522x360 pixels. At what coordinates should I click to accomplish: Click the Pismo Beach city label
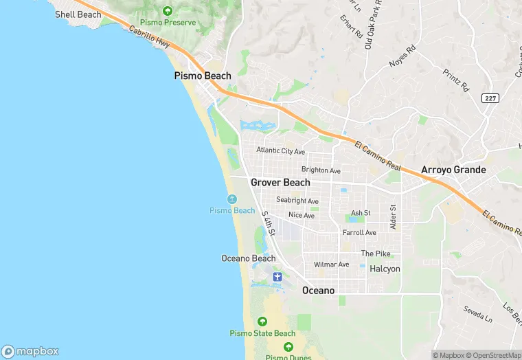pyautogui.click(x=203, y=76)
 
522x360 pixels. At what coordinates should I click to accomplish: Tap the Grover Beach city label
pyautogui.click(x=280, y=183)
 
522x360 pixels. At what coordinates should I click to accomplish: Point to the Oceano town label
pyautogui.click(x=319, y=291)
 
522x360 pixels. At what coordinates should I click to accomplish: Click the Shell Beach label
pyautogui.click(x=78, y=14)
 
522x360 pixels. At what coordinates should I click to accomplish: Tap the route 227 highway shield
pyautogui.click(x=490, y=98)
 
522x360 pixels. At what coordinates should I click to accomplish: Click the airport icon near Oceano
pyautogui.click(x=277, y=277)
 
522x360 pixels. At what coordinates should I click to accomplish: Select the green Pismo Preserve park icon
pyautogui.click(x=168, y=11)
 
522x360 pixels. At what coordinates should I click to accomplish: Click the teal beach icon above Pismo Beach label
pyautogui.click(x=232, y=199)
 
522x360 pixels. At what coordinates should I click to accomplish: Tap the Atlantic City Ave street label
pyautogui.click(x=280, y=151)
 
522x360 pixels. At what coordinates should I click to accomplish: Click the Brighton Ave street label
pyautogui.click(x=321, y=170)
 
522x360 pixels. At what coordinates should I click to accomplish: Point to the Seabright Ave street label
pyautogui.click(x=297, y=201)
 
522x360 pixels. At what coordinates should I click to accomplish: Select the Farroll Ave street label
pyautogui.click(x=359, y=233)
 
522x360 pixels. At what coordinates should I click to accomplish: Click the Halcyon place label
pyautogui.click(x=385, y=269)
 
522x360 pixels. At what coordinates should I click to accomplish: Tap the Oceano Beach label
pyautogui.click(x=248, y=259)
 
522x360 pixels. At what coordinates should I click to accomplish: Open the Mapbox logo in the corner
pyautogui.click(x=30, y=351)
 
